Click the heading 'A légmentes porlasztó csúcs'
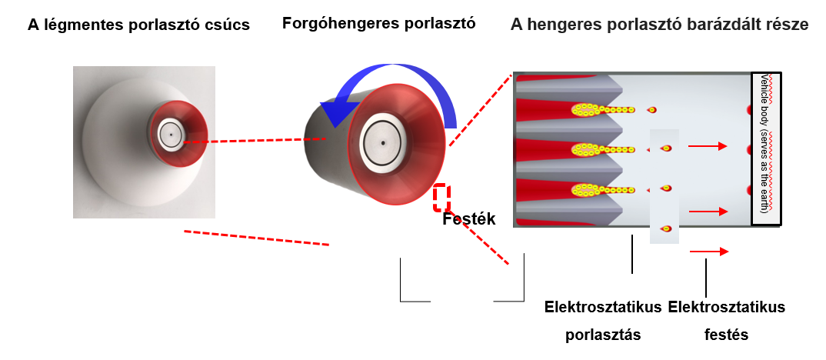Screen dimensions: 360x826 tap(138, 25)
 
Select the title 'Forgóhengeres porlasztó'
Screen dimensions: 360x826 tap(379, 23)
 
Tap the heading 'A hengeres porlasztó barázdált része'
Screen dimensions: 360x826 tap(659, 25)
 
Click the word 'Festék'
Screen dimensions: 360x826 tap(469, 219)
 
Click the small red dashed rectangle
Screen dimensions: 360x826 tap(441, 198)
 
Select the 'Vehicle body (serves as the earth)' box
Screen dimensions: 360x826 tap(766, 148)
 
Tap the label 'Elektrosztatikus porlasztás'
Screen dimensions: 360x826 tap(603, 321)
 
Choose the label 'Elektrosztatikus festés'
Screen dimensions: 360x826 tap(727, 321)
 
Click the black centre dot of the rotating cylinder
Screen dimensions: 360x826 tap(382, 143)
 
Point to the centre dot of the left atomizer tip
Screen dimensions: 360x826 tap(172, 134)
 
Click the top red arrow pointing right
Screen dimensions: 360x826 tap(707, 145)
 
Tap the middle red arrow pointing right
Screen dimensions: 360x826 tap(707, 211)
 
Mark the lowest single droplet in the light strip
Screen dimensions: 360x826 tap(667, 228)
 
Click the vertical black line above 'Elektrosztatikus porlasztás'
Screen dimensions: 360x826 tap(631, 255)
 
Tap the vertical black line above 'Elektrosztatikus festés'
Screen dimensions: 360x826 tap(706, 275)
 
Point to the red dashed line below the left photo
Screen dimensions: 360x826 tap(257, 238)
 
